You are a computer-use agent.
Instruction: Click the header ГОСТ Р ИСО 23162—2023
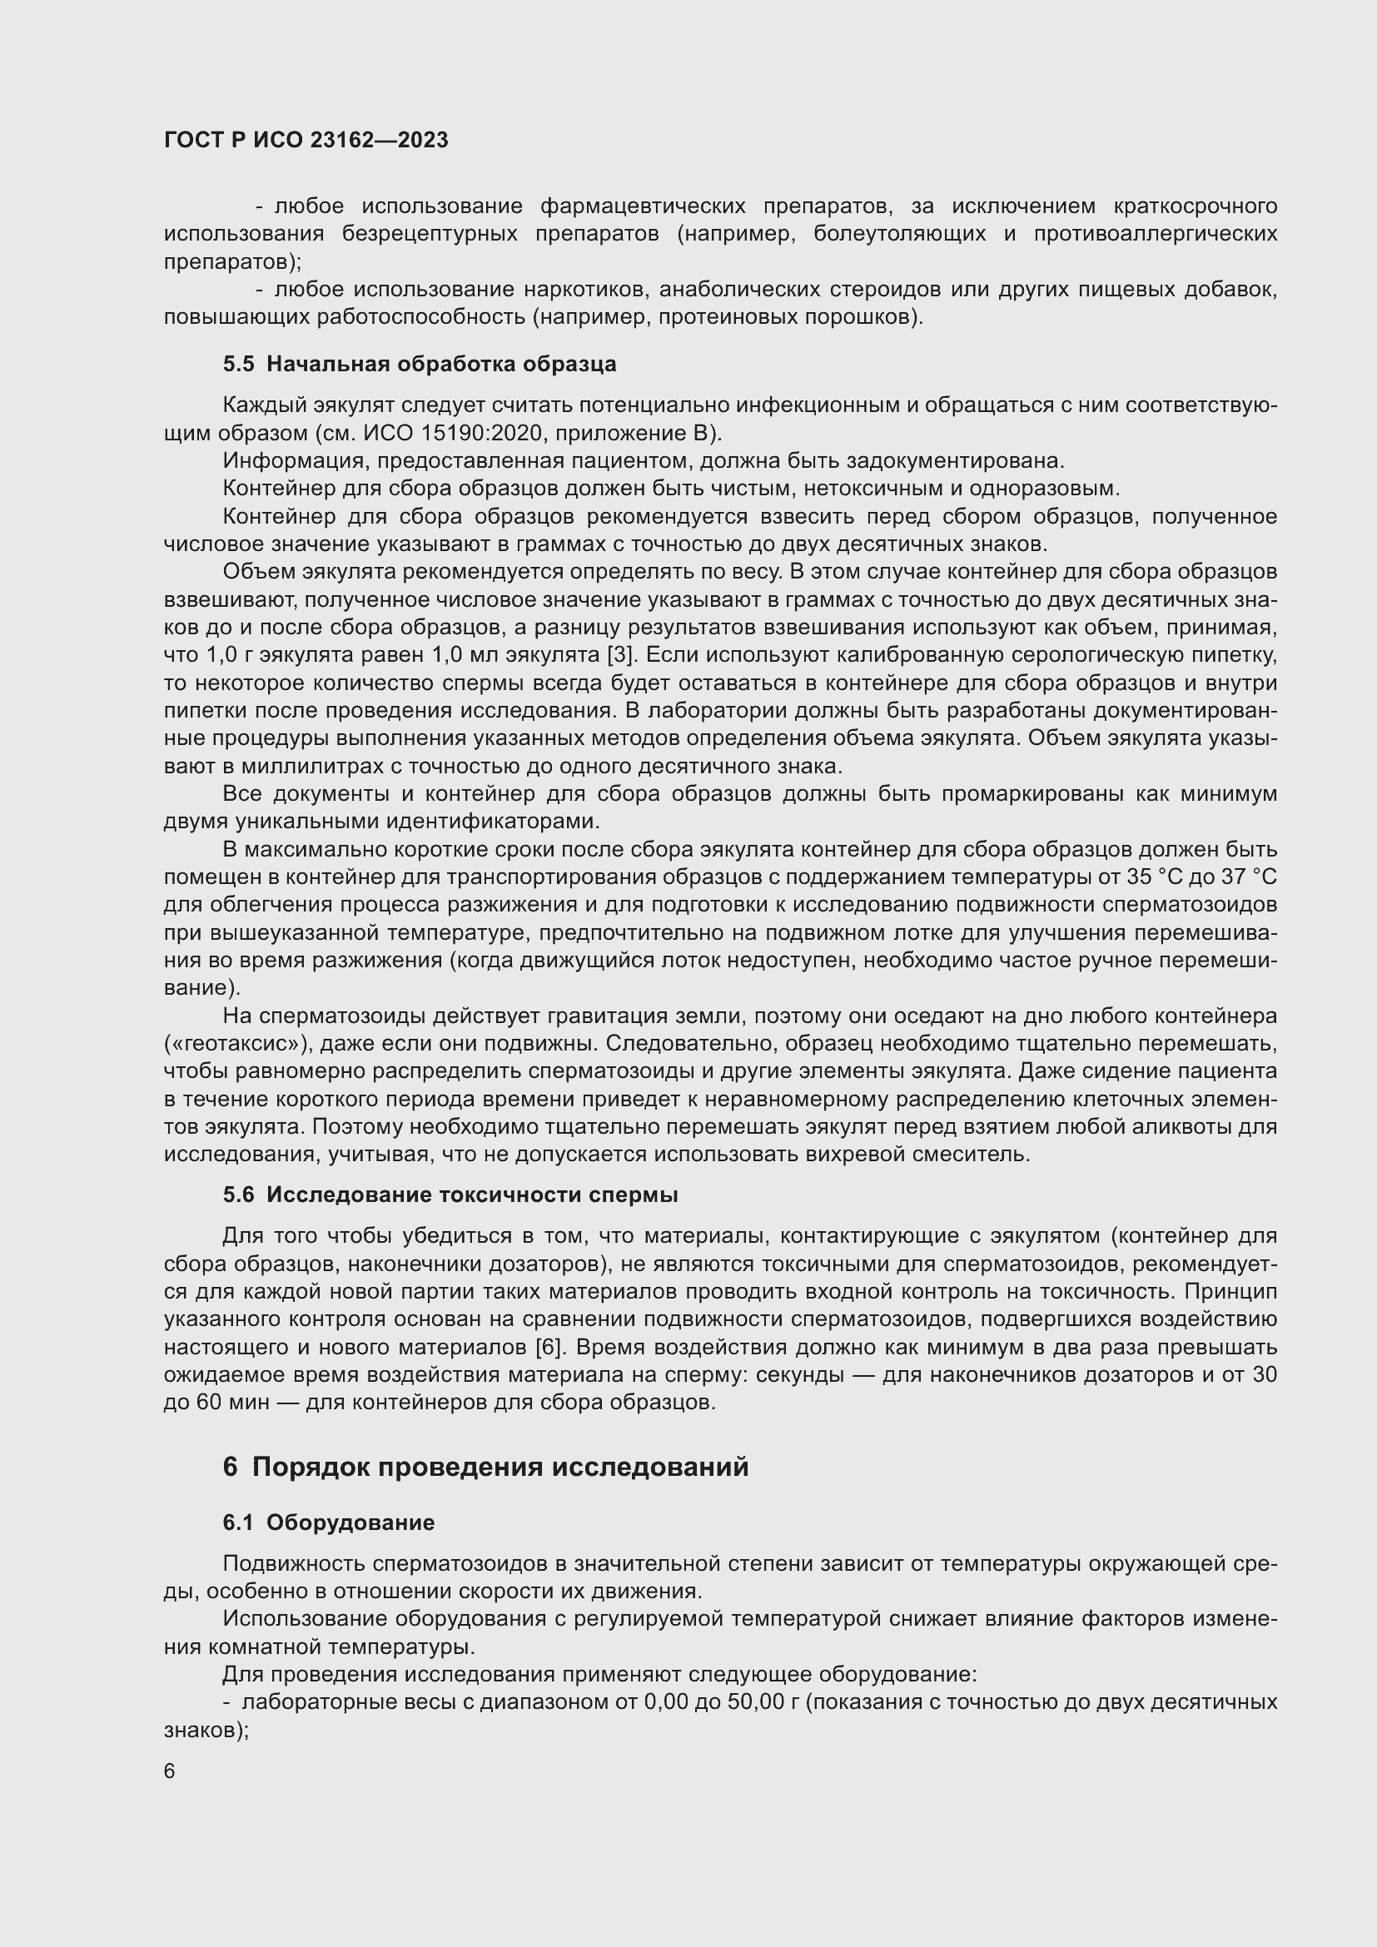(306, 140)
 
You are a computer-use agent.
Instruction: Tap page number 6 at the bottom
(170, 1771)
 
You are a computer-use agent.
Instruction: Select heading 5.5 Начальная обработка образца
(420, 364)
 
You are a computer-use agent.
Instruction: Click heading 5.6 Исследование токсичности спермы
(450, 1195)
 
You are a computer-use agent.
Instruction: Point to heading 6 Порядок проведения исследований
(486, 1467)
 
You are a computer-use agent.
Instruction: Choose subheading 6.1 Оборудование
(329, 1522)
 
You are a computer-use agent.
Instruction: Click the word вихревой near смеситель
(861, 1154)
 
